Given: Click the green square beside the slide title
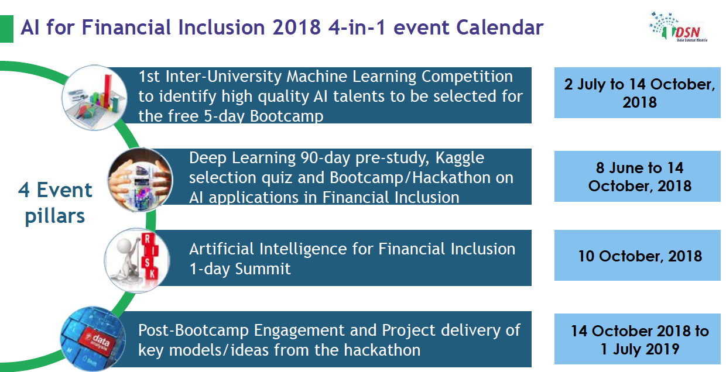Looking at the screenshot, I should click(6, 27).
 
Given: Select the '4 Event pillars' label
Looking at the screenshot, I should click(55, 203).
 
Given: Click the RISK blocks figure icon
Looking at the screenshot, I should click(138, 258).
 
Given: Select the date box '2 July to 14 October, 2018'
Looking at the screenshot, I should click(637, 93).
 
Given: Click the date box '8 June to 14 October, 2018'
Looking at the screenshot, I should click(637, 177).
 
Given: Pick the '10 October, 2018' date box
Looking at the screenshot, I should click(637, 256).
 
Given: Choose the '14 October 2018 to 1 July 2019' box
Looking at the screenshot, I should click(637, 339).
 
